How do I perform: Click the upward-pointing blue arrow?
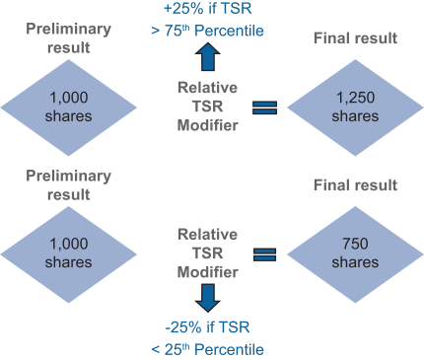pyautogui.click(x=208, y=56)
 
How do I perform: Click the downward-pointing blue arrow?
pyautogui.click(x=208, y=298)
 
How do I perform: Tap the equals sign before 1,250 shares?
pyautogui.click(x=264, y=108)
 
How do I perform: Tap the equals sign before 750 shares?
pyautogui.click(x=264, y=254)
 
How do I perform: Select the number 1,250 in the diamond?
pyautogui.click(x=356, y=98)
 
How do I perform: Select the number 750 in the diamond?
pyautogui.click(x=355, y=244)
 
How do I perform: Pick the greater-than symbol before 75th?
pyautogui.click(x=156, y=32)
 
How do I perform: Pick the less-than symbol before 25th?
pyautogui.click(x=156, y=350)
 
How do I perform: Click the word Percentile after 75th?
pyautogui.click(x=229, y=31)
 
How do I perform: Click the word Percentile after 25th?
pyautogui.click(x=229, y=349)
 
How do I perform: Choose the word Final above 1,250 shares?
pyautogui.click(x=329, y=38)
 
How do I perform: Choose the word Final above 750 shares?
pyautogui.click(x=329, y=185)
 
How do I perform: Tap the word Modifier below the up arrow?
pyautogui.click(x=208, y=125)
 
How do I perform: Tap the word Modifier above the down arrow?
pyautogui.click(x=208, y=272)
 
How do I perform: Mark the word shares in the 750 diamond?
pyautogui.click(x=355, y=262)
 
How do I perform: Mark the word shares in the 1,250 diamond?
pyautogui.click(x=355, y=116)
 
